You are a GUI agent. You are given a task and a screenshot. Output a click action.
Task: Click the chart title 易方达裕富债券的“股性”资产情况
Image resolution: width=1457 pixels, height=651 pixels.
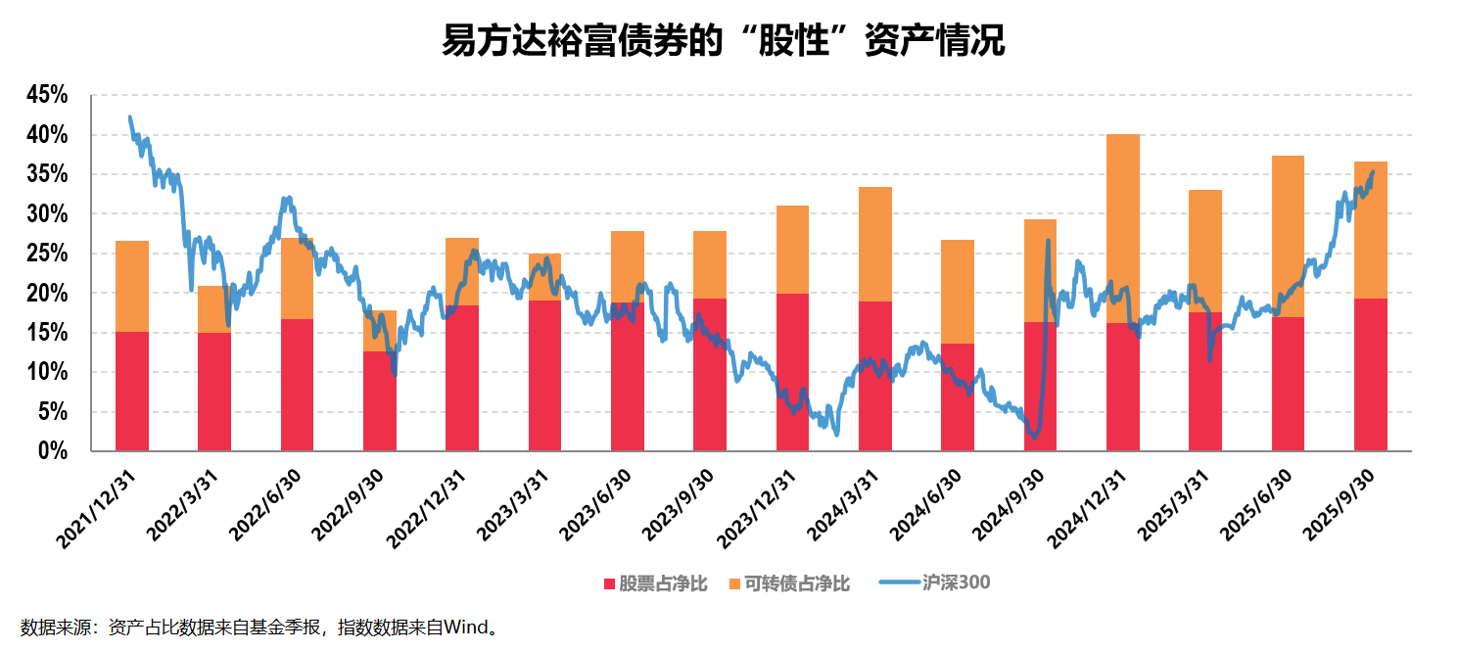724,42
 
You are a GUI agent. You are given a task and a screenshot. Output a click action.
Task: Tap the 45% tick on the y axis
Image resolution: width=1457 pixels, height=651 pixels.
48,96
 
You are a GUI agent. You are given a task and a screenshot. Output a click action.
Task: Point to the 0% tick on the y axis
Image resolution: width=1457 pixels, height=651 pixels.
54,451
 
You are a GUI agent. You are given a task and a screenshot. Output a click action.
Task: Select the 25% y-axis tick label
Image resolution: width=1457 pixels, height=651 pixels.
48,254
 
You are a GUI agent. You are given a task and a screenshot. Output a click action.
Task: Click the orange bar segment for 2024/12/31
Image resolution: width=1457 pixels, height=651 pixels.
1122,225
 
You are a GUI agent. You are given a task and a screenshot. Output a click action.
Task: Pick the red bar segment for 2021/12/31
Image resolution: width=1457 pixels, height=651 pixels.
132,392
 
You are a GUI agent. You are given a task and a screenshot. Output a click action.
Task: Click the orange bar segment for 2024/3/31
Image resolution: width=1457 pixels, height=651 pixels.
875,244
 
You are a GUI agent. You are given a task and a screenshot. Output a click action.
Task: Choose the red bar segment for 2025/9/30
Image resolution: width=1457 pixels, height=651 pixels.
1370,375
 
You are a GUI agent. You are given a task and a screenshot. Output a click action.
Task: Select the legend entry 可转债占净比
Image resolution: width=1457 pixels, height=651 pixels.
789,584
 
